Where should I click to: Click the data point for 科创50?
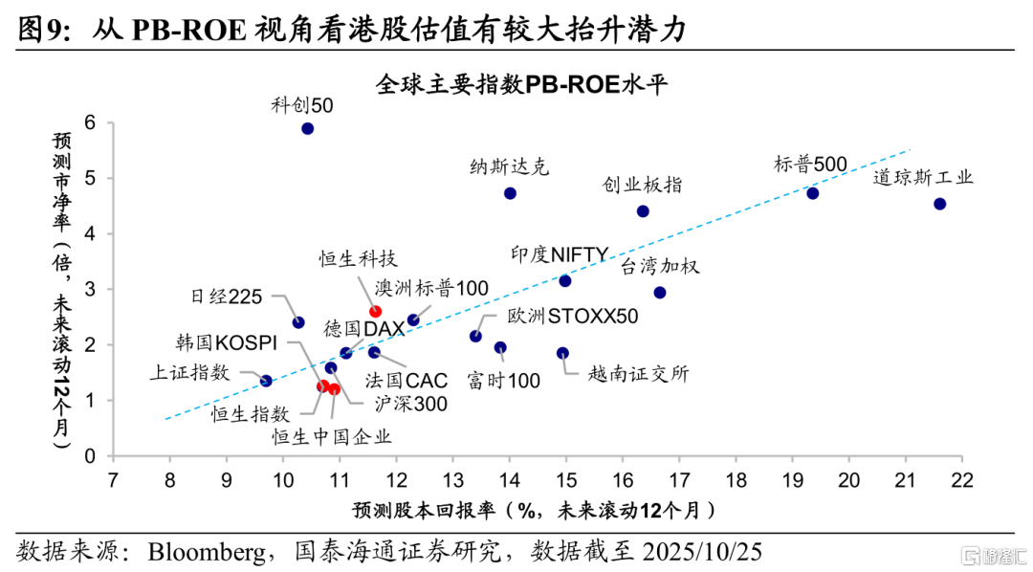point(307,128)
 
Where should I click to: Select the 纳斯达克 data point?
point(510,193)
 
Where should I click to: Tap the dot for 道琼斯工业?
point(939,204)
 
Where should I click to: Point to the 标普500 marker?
point(812,193)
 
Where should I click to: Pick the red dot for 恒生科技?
point(375,312)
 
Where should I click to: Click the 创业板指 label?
point(642,185)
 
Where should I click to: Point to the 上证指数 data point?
point(266,381)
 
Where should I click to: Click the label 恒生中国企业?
point(332,437)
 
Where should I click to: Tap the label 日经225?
point(226,297)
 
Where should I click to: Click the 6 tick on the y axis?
point(90,122)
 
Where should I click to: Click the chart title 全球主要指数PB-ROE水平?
point(520,83)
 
